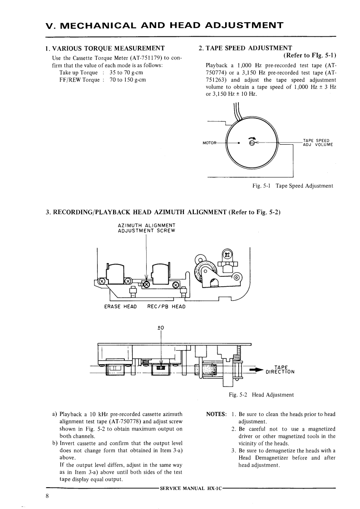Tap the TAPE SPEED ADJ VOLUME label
coord(317,142)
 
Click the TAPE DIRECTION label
coord(280,370)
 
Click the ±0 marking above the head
coord(160,327)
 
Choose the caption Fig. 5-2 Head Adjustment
coord(261,395)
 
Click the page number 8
coord(47,495)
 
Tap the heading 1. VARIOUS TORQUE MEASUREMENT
coord(105,48)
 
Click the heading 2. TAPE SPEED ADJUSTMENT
coord(245,48)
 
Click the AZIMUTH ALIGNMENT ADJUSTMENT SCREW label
coord(146,228)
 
